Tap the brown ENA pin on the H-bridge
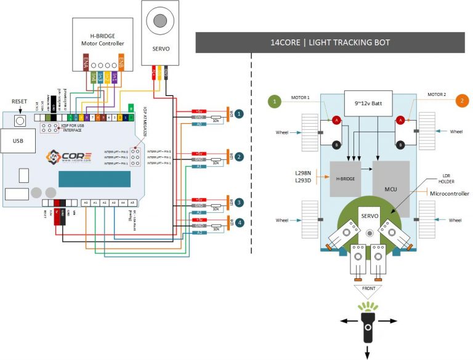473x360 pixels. tap(86, 62)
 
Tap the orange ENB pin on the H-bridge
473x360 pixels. tap(121, 62)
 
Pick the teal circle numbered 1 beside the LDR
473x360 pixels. tap(238, 114)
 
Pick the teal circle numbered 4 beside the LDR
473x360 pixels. tap(238, 222)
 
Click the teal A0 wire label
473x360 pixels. tap(199, 124)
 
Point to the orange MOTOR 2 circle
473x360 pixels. tap(460, 101)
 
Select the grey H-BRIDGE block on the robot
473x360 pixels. tap(346, 179)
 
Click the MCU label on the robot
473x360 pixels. tap(390, 188)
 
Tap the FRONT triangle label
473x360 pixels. tap(368, 288)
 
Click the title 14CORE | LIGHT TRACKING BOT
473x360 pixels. tap(330, 42)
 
